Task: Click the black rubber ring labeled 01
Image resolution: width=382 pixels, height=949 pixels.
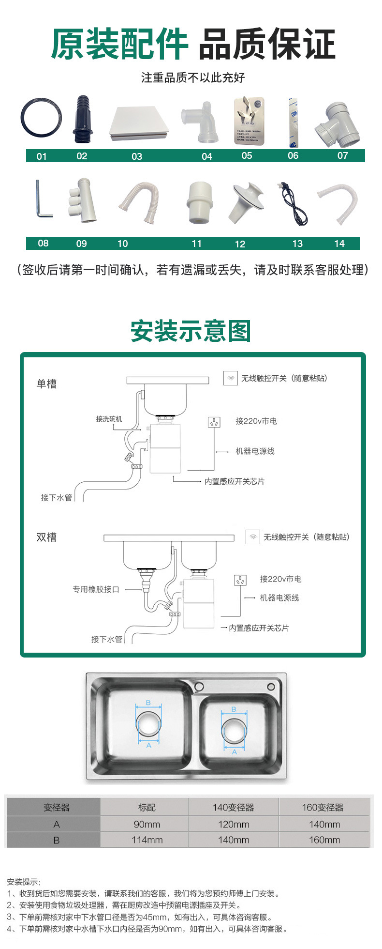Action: click(x=41, y=118)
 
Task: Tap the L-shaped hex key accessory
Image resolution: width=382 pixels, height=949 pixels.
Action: click(x=42, y=199)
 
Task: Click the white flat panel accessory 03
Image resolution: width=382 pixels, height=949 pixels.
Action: click(x=139, y=123)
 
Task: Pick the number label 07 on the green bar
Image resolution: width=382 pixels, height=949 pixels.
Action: click(x=342, y=155)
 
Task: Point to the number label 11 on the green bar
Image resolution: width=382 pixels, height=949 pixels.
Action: click(x=196, y=244)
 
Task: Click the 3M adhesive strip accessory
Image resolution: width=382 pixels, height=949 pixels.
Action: click(x=293, y=122)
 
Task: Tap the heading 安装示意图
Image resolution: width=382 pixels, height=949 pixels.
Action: click(x=191, y=332)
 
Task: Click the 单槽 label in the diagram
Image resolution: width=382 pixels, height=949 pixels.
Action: click(x=46, y=384)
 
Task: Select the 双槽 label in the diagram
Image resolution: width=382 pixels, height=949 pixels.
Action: click(x=46, y=537)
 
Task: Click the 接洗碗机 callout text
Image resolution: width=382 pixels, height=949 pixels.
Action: click(x=109, y=419)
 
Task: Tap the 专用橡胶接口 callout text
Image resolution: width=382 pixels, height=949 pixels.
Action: click(x=96, y=589)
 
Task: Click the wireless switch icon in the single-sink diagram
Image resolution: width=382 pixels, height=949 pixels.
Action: click(x=231, y=378)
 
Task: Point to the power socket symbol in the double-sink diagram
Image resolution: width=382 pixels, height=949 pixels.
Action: click(x=240, y=580)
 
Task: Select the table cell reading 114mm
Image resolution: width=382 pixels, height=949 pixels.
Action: click(x=147, y=840)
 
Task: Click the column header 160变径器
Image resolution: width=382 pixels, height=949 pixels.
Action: click(x=323, y=807)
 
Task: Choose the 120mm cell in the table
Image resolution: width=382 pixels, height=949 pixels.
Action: click(x=233, y=824)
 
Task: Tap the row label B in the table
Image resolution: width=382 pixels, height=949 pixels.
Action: click(x=57, y=840)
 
